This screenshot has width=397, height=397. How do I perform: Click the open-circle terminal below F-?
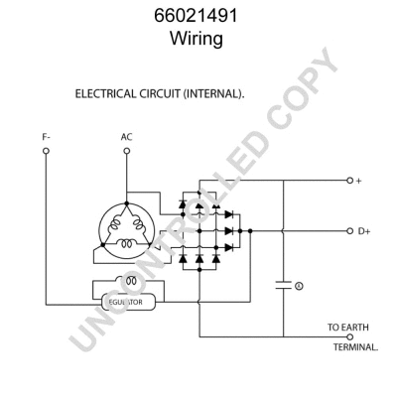point(47,152)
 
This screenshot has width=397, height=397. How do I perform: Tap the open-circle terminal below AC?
point(126,152)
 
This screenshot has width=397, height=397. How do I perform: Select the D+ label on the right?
point(364,230)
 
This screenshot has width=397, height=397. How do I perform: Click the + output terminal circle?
point(349,182)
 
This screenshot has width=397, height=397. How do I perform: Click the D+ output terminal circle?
point(349,230)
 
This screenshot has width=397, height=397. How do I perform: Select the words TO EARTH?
point(347,326)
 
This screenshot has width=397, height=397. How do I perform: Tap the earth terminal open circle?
point(350,336)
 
